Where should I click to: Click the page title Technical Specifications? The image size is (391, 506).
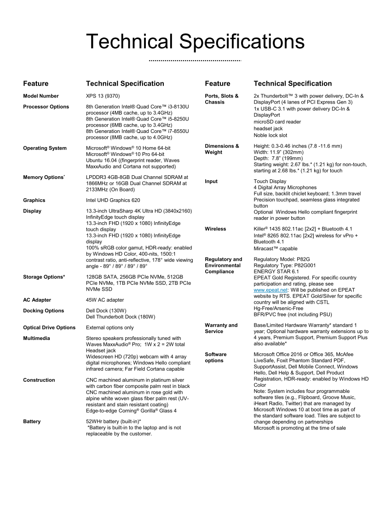click(x=195, y=42)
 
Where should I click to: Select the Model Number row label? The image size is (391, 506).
click(x=41, y=96)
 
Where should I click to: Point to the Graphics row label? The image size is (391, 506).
click(x=34, y=201)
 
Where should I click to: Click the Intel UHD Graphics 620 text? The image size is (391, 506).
click(x=113, y=201)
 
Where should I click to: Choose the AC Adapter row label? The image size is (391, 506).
click(x=37, y=300)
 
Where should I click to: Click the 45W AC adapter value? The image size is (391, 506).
click(x=105, y=300)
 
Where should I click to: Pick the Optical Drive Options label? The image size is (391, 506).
click(x=49, y=328)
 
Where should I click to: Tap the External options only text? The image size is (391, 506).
click(x=110, y=328)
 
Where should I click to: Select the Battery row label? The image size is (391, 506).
click(x=32, y=421)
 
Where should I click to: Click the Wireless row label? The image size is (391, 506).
click(x=215, y=229)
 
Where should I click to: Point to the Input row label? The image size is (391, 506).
click(x=211, y=182)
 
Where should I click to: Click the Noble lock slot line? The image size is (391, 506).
click(x=270, y=135)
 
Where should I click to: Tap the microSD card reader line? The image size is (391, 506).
click(x=277, y=122)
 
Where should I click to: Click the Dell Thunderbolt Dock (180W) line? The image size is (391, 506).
click(x=121, y=317)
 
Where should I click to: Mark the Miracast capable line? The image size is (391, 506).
click(x=276, y=248)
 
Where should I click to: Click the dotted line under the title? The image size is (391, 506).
click(x=195, y=61)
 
